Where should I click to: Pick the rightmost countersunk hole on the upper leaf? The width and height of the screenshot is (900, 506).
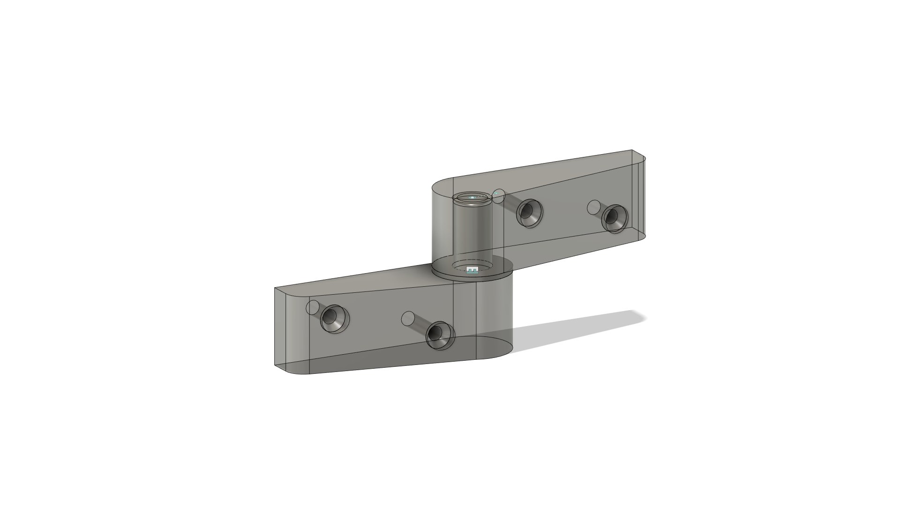615,217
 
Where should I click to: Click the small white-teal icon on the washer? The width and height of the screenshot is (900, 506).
473,270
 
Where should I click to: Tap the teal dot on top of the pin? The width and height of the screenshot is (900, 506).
472,198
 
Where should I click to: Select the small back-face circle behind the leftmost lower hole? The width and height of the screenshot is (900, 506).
313,308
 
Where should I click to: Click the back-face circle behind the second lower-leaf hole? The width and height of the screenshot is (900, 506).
408,318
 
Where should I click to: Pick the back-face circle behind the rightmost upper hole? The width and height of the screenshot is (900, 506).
594,206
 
